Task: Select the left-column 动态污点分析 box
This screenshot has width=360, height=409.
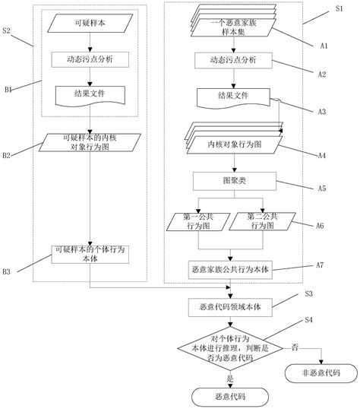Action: (x=89, y=59)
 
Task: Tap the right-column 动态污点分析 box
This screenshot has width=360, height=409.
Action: (x=232, y=59)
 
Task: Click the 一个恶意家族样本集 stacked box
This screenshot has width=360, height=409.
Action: (x=232, y=27)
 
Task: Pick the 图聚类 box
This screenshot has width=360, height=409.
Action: (x=232, y=181)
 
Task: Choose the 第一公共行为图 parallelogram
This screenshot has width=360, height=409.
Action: (x=195, y=222)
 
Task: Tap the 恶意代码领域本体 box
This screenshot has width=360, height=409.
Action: (x=232, y=307)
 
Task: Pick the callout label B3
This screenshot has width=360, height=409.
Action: (x=7, y=271)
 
